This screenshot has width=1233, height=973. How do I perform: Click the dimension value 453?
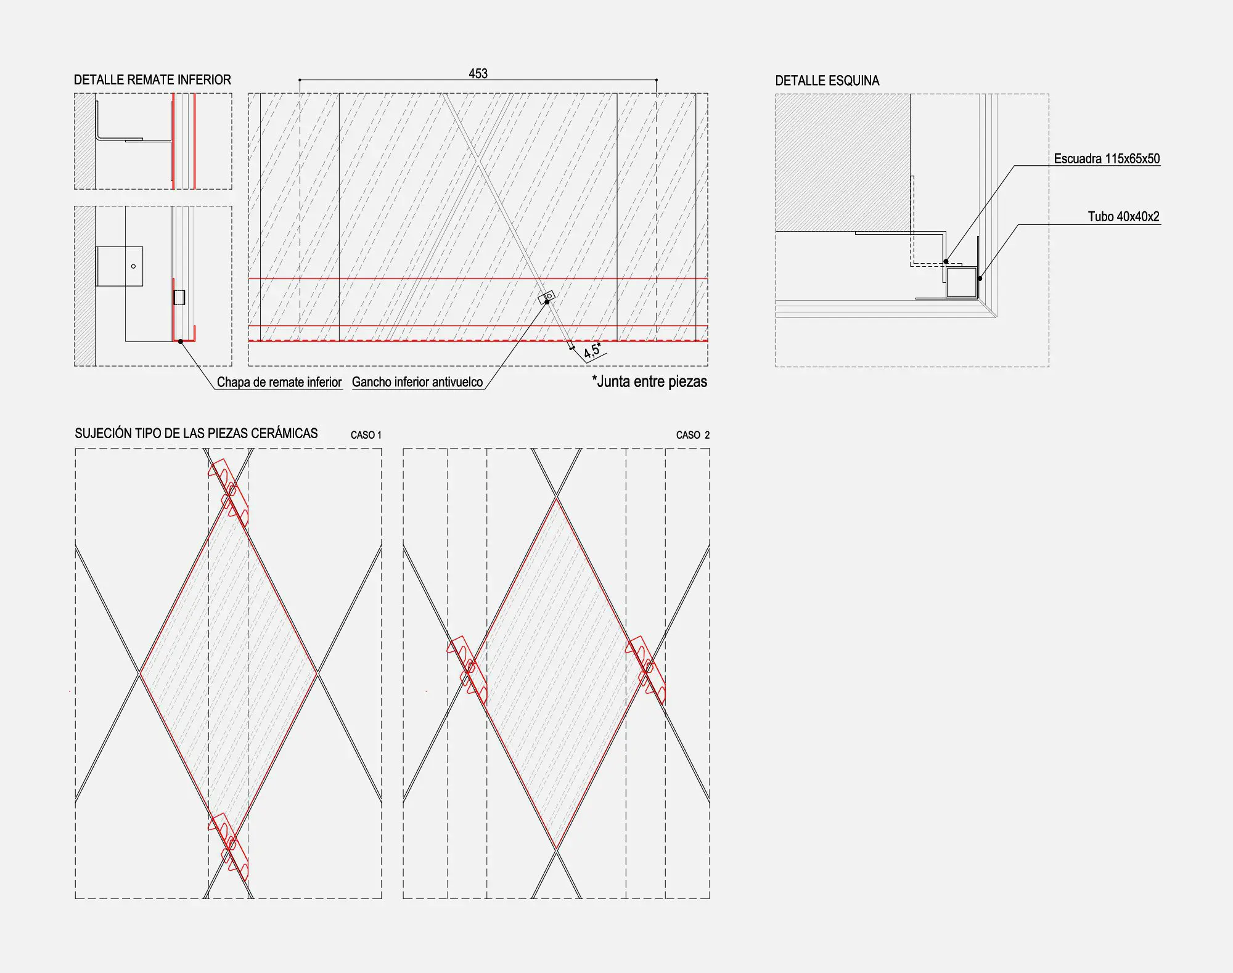478,73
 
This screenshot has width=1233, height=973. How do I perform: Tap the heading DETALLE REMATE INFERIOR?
152,79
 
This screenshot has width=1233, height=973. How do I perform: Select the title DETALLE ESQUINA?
827,81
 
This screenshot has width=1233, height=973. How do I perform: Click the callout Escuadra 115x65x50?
1107,158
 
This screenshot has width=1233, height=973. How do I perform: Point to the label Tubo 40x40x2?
1123,216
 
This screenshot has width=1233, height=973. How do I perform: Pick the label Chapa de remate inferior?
279,382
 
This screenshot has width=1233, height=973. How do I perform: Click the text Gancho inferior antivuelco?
417,382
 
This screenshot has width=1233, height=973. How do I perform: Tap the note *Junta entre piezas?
649,381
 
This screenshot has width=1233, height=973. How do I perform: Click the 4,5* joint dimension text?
592,350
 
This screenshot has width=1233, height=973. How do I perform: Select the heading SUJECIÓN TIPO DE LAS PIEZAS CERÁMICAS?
196,433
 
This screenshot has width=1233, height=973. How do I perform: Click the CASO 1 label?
366,435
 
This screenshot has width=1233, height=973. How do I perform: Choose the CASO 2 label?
692,435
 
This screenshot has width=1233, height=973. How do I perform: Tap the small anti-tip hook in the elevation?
546,298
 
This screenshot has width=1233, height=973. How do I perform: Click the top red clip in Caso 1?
228,493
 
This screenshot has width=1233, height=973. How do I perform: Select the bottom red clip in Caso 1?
228,847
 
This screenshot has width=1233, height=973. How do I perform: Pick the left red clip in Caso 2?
467,670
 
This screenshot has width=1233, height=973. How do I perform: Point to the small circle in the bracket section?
133,266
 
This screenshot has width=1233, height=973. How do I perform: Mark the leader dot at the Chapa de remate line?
181,341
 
